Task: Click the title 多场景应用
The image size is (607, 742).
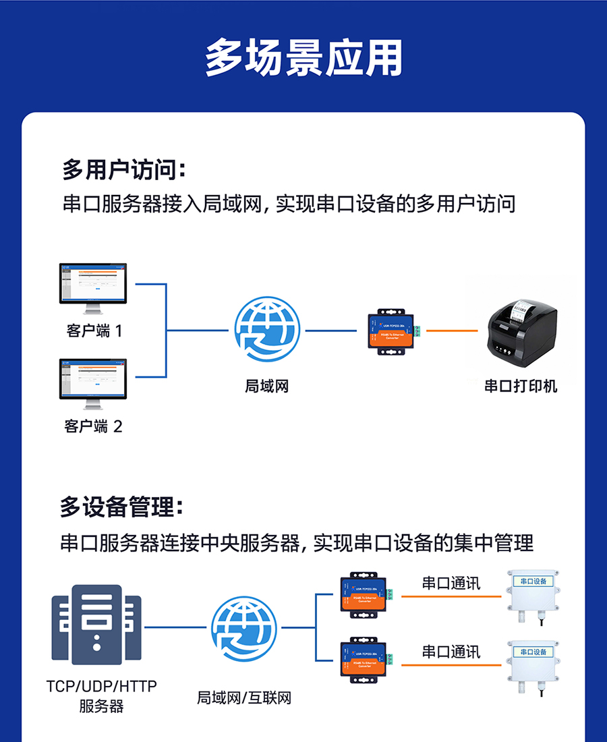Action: click(303, 58)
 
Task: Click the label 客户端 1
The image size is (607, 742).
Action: click(94, 331)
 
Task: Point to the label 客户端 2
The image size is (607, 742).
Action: click(94, 426)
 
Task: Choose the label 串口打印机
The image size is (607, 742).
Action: click(521, 387)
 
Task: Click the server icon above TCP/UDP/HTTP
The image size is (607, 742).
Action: click(96, 625)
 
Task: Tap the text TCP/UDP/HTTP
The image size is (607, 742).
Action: click(102, 687)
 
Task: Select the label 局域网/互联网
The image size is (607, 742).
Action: click(244, 697)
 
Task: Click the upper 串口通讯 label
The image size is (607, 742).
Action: click(451, 583)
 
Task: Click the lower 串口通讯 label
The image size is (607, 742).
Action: click(451, 652)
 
